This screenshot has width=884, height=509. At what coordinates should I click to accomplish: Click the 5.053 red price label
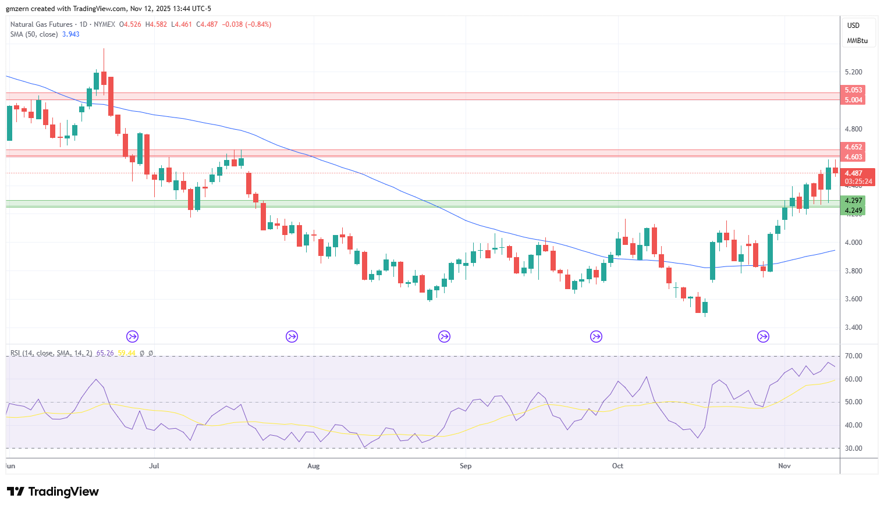[x=853, y=90]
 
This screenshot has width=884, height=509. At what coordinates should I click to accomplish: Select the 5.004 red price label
[x=853, y=100]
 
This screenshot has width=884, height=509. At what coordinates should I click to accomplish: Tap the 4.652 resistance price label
[x=853, y=147]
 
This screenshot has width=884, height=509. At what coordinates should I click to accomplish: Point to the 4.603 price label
[x=853, y=156]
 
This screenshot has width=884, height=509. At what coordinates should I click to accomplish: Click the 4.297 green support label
[x=853, y=201]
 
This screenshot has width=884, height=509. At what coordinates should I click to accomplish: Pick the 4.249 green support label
[x=853, y=211]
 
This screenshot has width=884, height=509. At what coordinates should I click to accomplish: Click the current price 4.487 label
[x=853, y=173]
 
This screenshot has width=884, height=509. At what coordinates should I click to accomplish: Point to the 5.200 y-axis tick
[x=853, y=72]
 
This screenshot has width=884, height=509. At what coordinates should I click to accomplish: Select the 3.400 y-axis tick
[x=853, y=328]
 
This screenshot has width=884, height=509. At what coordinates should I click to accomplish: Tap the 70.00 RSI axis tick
[x=853, y=356]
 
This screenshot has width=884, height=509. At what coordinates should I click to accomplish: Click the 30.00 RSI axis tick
[x=853, y=449]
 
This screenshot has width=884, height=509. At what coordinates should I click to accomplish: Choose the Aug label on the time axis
[x=313, y=466]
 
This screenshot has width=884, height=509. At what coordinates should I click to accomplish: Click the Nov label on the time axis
[x=784, y=466]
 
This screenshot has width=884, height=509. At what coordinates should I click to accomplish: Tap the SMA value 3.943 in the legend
[x=70, y=34]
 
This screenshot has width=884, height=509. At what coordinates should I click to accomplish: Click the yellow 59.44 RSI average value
[x=126, y=353]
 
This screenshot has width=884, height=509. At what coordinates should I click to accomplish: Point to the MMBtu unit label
[x=857, y=41]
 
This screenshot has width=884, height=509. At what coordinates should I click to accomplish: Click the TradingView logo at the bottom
[x=53, y=492]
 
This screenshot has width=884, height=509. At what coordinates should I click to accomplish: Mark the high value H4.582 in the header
[x=157, y=24]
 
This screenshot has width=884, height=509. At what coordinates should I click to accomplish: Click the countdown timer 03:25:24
[x=858, y=181]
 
